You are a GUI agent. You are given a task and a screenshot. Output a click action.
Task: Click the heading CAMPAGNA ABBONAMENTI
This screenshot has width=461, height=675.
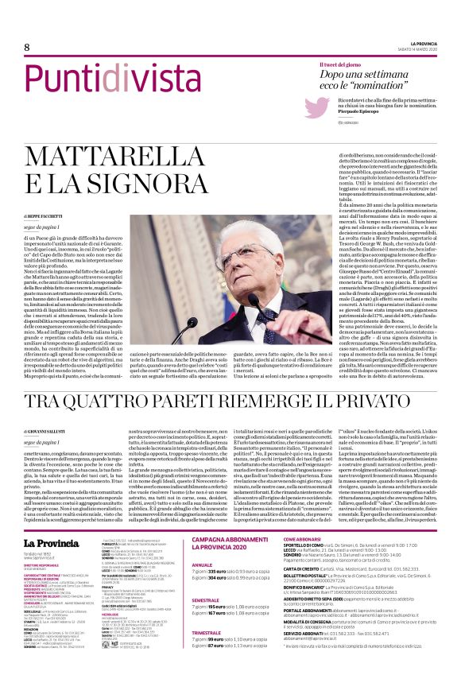coord(230,518)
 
